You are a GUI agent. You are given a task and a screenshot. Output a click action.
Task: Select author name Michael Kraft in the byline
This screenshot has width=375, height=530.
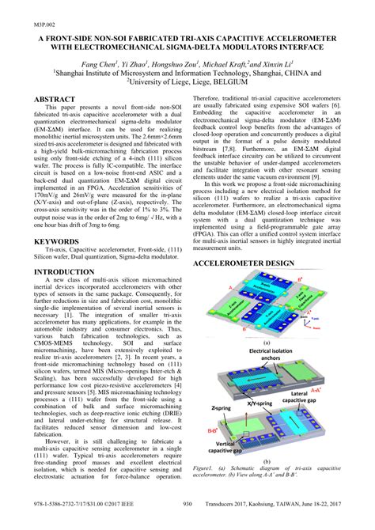(242, 62)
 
